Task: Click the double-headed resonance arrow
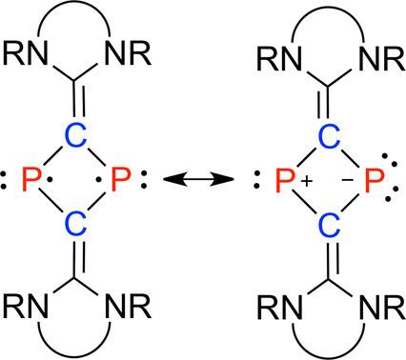pyautogui.click(x=198, y=179)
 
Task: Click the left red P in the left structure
pyautogui.click(x=32, y=179)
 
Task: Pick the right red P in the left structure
pyautogui.click(x=121, y=179)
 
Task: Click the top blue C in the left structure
pyautogui.click(x=75, y=135)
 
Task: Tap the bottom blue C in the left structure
pyautogui.click(x=75, y=224)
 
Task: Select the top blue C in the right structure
pyautogui.click(x=330, y=136)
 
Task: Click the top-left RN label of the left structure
pyautogui.click(x=25, y=52)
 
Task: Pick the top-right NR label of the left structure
pyautogui.click(x=128, y=52)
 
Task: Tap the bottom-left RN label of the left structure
pyautogui.click(x=25, y=306)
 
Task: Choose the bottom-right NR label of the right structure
pyautogui.click(x=381, y=308)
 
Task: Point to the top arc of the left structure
pyautogui.click(x=74, y=4)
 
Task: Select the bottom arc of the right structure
pyautogui.click(x=329, y=357)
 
